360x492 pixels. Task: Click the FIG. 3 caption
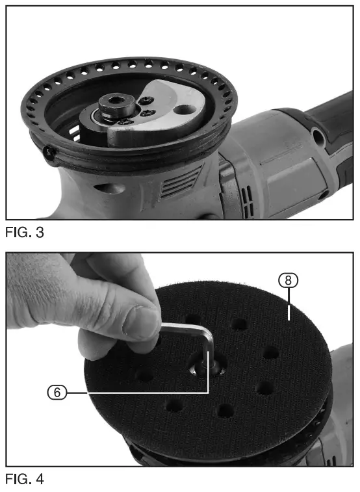(25, 232)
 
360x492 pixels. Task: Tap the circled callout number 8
(288, 281)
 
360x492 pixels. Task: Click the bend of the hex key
(207, 335)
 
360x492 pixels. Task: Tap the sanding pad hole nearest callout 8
(270, 354)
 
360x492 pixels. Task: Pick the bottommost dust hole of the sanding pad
(225, 411)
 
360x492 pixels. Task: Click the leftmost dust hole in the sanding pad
(143, 375)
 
